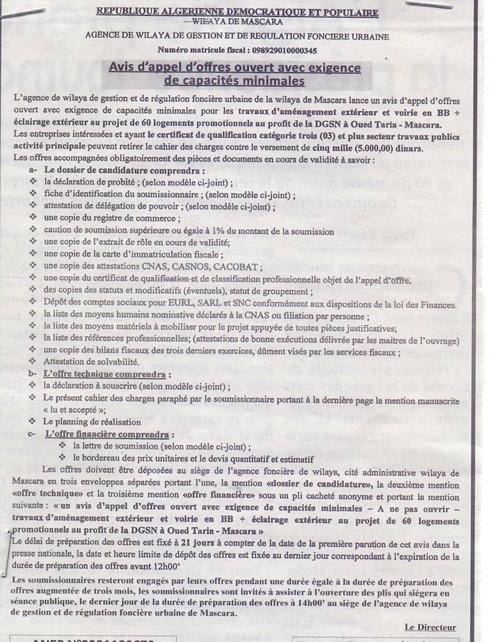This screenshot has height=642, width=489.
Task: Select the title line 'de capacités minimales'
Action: [234, 80]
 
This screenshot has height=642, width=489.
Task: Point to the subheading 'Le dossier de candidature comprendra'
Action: [124, 170]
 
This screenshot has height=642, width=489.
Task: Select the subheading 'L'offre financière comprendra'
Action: [107, 435]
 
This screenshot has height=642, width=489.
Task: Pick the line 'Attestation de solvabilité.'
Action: [92, 361]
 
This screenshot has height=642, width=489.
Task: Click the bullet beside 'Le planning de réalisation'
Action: [33, 422]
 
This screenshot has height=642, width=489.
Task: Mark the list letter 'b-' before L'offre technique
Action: [33, 374]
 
